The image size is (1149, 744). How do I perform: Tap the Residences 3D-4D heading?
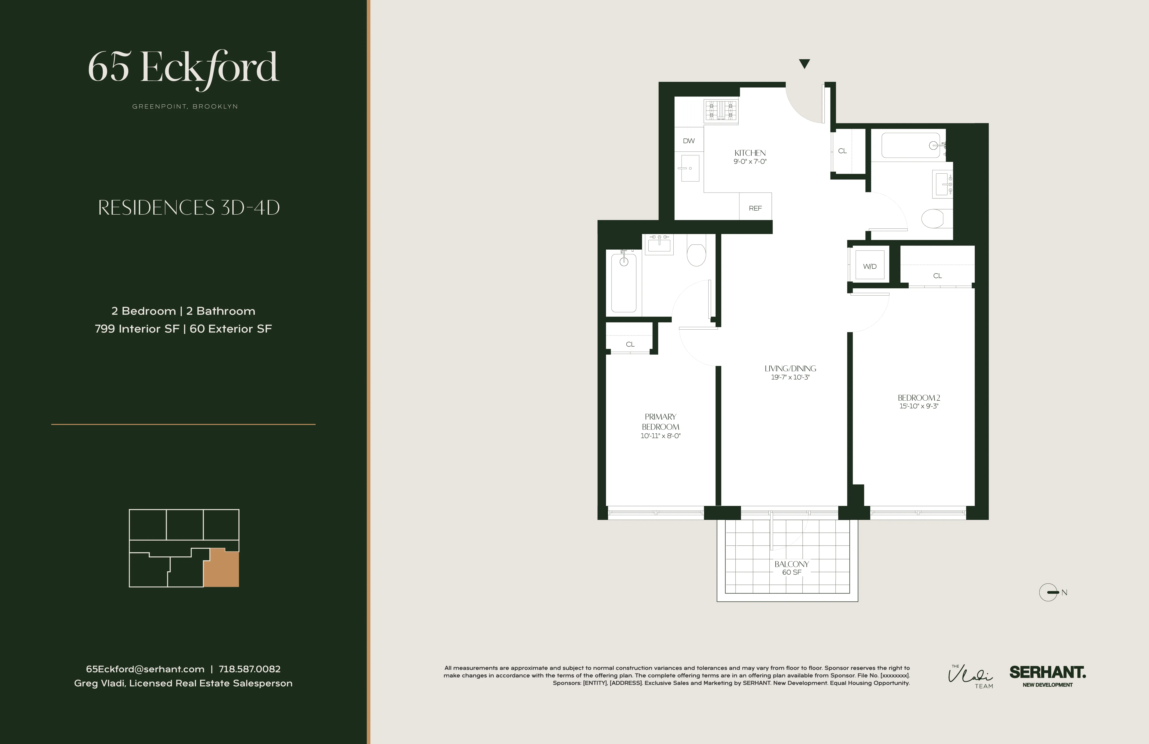coord(189,208)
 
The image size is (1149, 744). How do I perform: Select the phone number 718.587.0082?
coord(250,669)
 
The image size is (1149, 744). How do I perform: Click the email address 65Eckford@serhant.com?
coord(145,669)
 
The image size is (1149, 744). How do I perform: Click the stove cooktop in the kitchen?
coord(721,111)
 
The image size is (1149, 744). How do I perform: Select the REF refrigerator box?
coord(755,208)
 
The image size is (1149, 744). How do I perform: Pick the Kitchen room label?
coord(750,153)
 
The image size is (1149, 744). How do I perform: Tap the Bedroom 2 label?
coord(918,398)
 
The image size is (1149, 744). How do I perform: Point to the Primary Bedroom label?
coord(660,421)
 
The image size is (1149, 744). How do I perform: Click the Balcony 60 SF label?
coord(791,568)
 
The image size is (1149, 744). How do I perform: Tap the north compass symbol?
coord(1049,592)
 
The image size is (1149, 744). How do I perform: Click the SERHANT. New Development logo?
coord(1047,675)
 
